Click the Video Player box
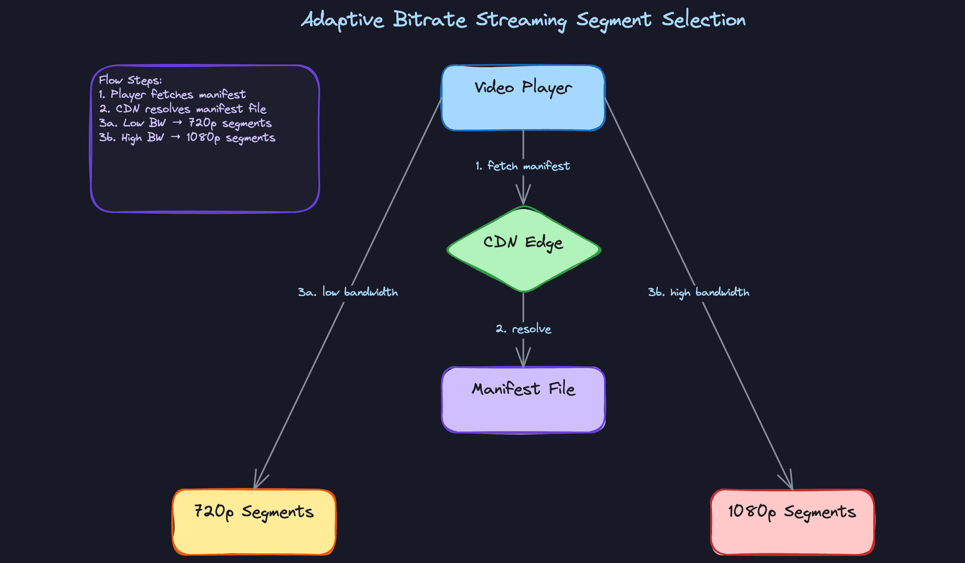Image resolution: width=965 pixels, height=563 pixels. pyautogui.click(x=523, y=98)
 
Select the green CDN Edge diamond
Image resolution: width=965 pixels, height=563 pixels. pyautogui.click(x=523, y=249)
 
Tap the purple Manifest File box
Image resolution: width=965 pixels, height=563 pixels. pyautogui.click(x=523, y=400)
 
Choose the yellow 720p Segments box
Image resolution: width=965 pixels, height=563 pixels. pyautogui.click(x=254, y=522)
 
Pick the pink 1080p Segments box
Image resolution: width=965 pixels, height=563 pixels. pyautogui.click(x=792, y=522)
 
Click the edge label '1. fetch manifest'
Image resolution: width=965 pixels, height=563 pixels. pyautogui.click(x=523, y=166)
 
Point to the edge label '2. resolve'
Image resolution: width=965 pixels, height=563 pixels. pyautogui.click(x=523, y=329)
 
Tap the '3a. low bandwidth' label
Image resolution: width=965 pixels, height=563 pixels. pyautogui.click(x=348, y=292)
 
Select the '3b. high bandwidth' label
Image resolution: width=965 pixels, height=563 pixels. pyautogui.click(x=698, y=292)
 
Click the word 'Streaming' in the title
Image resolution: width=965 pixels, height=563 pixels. pyautogui.click(x=521, y=20)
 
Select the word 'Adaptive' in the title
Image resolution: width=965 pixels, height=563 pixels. pyautogui.click(x=342, y=20)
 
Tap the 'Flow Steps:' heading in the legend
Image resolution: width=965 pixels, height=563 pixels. pyautogui.click(x=130, y=80)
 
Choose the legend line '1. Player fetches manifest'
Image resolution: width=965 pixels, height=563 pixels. pyautogui.click(x=172, y=95)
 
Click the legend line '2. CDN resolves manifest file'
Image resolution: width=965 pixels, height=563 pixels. pyautogui.click(x=182, y=109)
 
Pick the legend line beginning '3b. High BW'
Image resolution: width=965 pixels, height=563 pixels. pyautogui.click(x=186, y=138)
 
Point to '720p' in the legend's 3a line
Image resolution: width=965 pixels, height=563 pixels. pyautogui.click(x=202, y=123)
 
